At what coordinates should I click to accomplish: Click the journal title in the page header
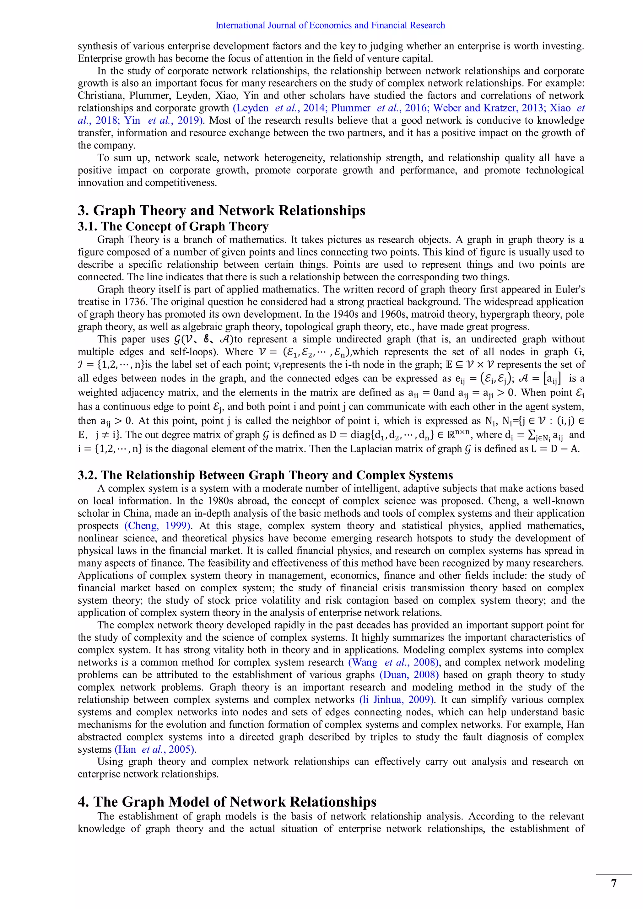click(330, 25)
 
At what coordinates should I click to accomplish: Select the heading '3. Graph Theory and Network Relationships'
click(221, 210)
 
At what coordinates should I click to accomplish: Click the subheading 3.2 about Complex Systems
click(265, 475)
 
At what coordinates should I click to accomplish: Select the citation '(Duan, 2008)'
click(409, 675)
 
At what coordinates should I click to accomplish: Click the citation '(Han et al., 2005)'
click(155, 750)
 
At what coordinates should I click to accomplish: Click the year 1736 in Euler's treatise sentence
click(135, 302)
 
